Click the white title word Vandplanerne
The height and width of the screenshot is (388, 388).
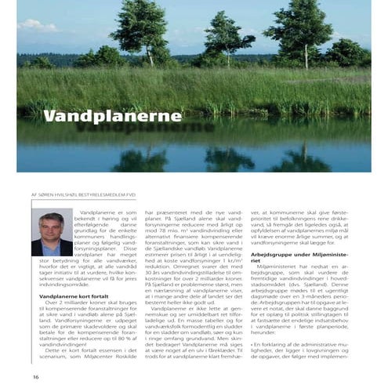click(111, 117)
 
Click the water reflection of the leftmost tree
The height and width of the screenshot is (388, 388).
click(141, 157)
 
